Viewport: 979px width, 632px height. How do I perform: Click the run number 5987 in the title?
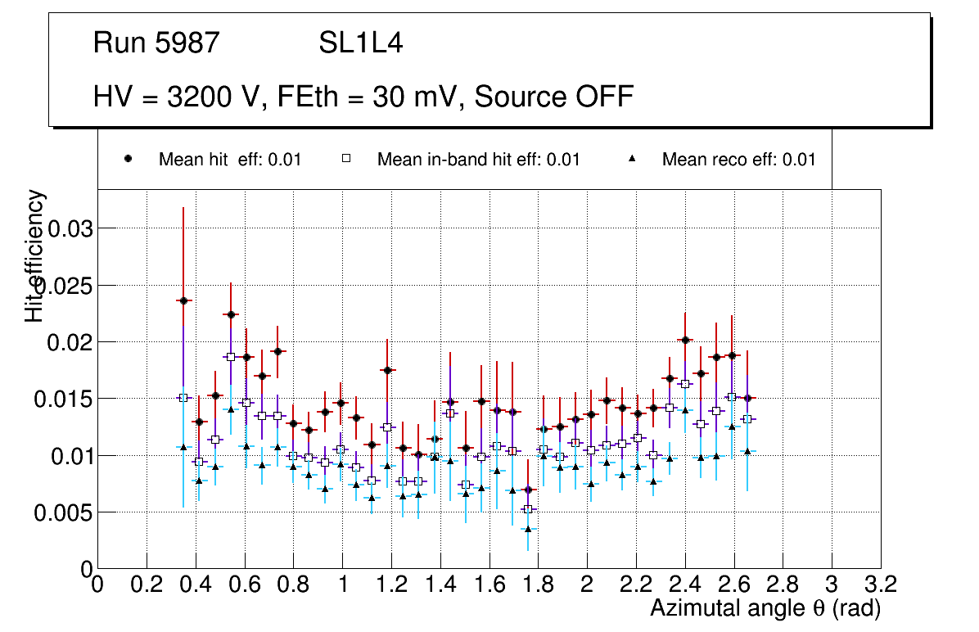coord(188,43)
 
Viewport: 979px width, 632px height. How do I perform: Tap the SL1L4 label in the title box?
coord(360,43)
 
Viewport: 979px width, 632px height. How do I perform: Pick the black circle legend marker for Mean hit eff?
coord(128,160)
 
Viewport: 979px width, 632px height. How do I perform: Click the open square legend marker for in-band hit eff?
coord(345,160)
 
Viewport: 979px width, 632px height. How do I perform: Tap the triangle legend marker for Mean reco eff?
coord(632,160)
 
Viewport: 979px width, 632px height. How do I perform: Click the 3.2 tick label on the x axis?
coord(880,585)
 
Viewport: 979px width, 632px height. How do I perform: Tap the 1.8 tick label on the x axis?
coord(538,585)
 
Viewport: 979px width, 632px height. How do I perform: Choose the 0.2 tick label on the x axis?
coord(147,585)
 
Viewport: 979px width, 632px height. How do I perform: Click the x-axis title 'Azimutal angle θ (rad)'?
coord(765,608)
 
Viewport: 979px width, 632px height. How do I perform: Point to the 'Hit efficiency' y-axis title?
coord(35,255)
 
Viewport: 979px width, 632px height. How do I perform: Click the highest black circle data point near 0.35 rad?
coord(183,300)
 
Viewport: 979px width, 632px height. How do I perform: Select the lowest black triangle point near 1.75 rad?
coord(528,529)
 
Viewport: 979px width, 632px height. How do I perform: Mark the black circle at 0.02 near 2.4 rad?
coord(685,340)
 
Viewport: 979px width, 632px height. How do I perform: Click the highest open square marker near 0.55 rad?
coord(231,357)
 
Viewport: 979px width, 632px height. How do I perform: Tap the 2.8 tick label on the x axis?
coord(783,585)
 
